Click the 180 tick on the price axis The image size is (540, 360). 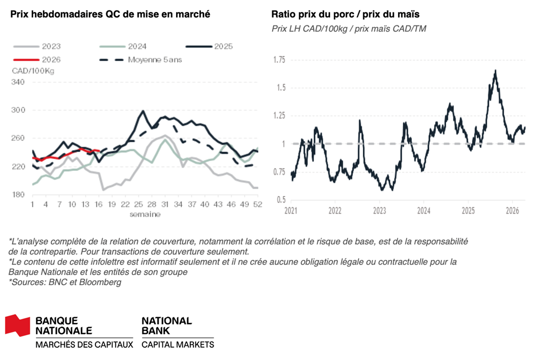point(17,195)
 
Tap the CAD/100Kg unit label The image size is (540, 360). point(33,70)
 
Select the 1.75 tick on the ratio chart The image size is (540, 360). point(279,60)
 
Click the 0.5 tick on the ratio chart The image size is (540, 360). point(281,200)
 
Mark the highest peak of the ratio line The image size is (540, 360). point(495,71)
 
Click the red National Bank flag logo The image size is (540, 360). point(18,325)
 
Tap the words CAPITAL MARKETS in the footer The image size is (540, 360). point(178,345)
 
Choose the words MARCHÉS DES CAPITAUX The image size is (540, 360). point(84,345)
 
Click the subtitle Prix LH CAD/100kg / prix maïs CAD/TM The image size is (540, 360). point(349,28)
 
